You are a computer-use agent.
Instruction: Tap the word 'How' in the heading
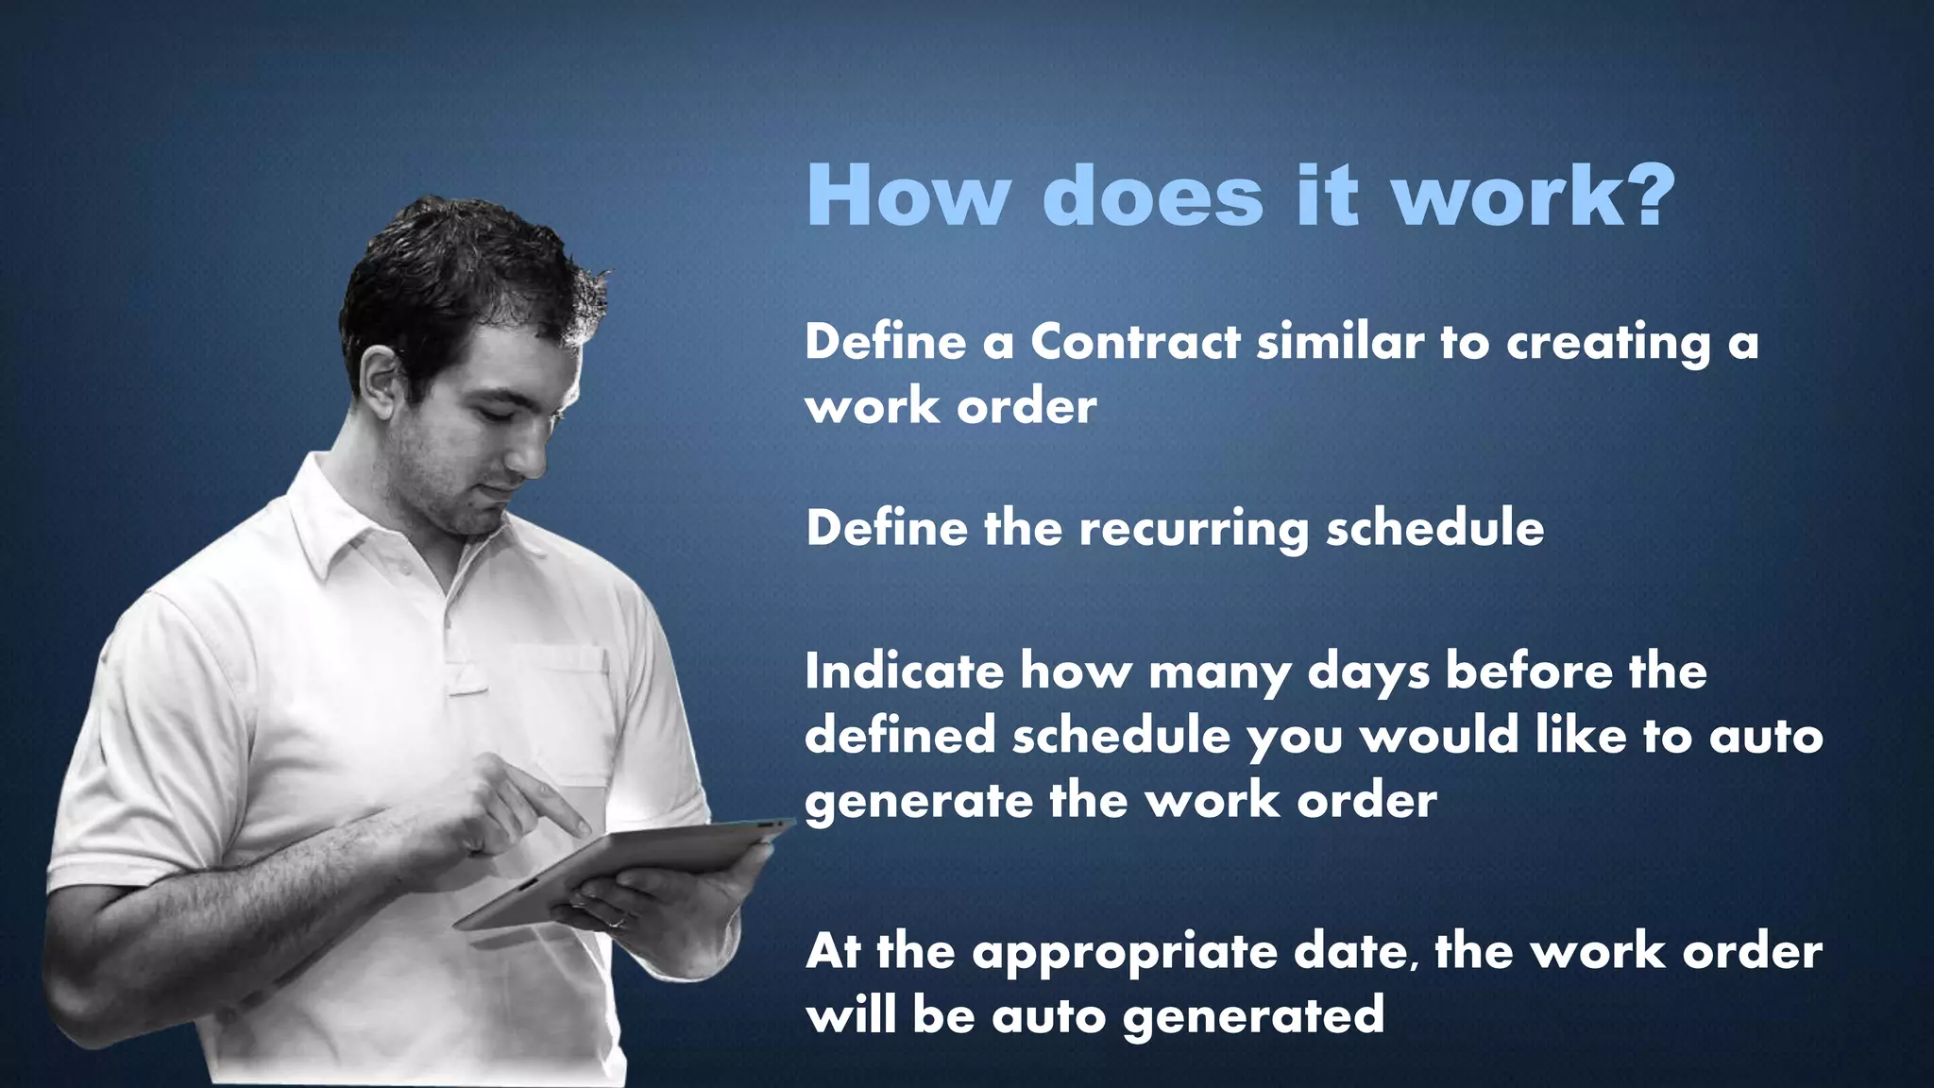908,196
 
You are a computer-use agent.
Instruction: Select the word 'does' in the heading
1153,195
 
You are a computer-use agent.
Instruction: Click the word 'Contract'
1134,341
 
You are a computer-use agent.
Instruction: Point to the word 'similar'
1340,341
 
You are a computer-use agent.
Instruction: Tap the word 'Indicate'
904,671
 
